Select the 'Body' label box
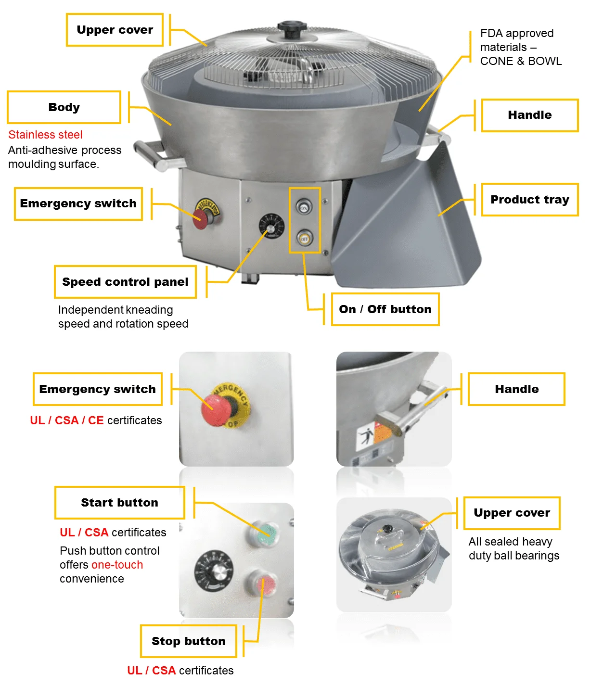(64, 107)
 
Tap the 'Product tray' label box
(529, 200)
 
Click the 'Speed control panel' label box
(125, 282)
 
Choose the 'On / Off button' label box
(385, 309)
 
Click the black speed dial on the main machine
(271, 226)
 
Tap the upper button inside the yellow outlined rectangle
(304, 208)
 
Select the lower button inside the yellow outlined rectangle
(304, 238)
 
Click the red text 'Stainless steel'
(45, 135)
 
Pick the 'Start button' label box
(119, 503)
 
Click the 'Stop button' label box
(188, 641)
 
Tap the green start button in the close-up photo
(264, 533)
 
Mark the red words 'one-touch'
(117, 565)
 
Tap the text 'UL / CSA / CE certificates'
(96, 420)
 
